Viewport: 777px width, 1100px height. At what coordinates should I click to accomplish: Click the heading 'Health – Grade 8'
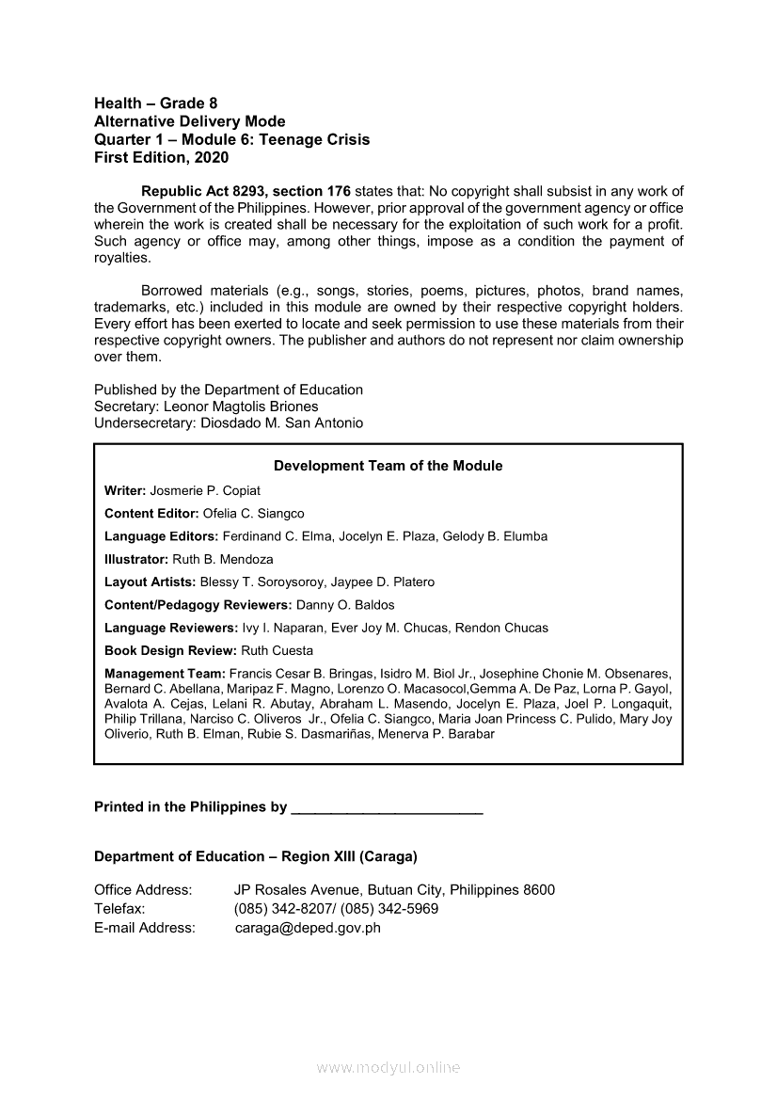click(x=155, y=104)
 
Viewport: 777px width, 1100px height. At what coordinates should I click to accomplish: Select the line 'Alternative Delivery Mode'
click(x=189, y=121)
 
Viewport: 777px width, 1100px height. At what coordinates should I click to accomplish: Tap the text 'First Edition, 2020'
click(x=161, y=158)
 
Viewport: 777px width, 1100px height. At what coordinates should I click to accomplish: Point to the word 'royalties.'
click(x=122, y=257)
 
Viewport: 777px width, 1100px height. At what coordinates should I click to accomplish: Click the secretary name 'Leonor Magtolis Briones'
click(x=241, y=407)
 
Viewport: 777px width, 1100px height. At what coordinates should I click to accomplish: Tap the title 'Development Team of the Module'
click(x=388, y=466)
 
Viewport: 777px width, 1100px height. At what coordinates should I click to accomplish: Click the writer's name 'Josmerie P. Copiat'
click(x=205, y=490)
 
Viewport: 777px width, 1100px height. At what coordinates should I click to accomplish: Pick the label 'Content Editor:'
click(x=151, y=514)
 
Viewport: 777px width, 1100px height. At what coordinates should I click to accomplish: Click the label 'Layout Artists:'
click(x=151, y=582)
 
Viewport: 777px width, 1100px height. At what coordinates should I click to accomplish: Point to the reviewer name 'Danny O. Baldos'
click(x=345, y=605)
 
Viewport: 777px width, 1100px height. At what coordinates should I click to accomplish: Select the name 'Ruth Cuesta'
click(x=277, y=650)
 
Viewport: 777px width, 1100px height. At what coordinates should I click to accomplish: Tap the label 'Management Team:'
click(x=165, y=674)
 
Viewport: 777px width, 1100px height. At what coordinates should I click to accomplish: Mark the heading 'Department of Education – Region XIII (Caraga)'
click(x=256, y=856)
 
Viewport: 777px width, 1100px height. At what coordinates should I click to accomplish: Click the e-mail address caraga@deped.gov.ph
click(x=308, y=928)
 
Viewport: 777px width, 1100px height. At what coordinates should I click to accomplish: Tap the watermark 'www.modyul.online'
click(x=388, y=1068)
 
